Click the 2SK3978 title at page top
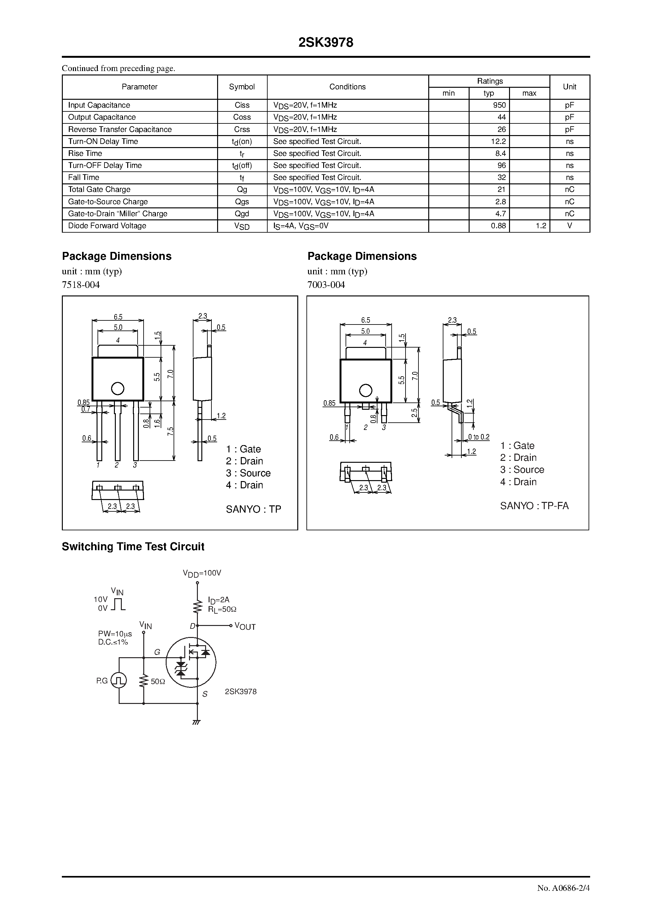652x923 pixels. point(326,43)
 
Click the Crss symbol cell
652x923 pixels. point(242,129)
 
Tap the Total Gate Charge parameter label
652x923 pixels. point(99,189)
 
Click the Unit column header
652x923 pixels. point(569,87)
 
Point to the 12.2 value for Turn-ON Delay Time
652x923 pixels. point(498,141)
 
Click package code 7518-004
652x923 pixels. point(81,285)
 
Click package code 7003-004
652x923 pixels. point(326,285)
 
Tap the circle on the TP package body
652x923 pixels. point(117,388)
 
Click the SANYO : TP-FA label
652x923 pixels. point(534,506)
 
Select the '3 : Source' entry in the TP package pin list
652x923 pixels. point(248,473)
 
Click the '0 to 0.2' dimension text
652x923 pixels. point(479,437)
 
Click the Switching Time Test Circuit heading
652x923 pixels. point(133,547)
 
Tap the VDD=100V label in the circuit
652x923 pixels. point(202,573)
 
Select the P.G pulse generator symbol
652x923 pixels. point(119,681)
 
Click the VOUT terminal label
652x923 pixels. point(245,626)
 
